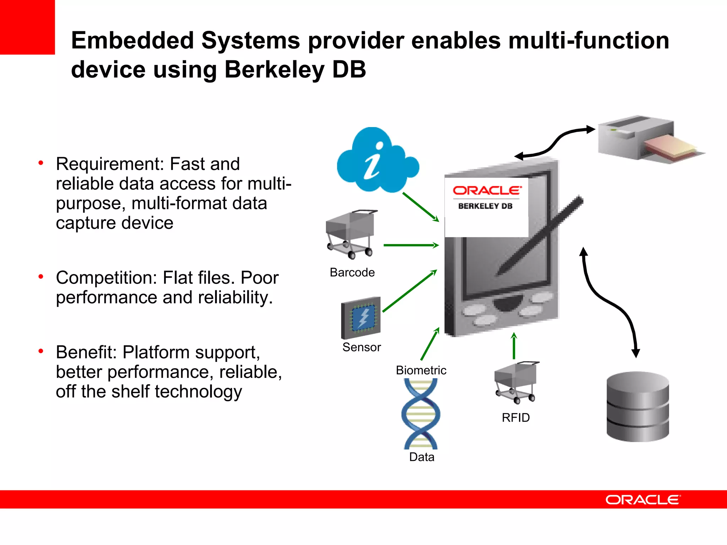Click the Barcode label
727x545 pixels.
[352, 272]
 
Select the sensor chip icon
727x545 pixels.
[361, 318]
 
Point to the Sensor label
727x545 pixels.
[361, 347]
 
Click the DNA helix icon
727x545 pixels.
[421, 413]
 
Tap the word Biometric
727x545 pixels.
[421, 370]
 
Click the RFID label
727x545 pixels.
[515, 418]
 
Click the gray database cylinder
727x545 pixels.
[638, 407]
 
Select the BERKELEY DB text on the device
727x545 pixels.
[485, 206]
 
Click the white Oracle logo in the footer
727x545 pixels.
[643, 500]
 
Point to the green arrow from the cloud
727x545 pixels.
[421, 207]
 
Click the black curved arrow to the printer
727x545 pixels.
[556, 142]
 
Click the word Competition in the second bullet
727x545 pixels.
[106, 278]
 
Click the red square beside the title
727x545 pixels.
[27, 27]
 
